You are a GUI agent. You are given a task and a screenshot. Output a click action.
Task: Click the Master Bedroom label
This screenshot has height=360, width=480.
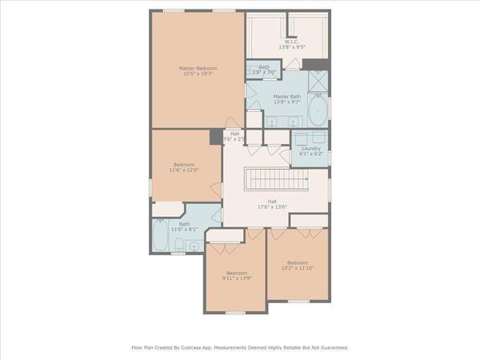pyautogui.click(x=197, y=69)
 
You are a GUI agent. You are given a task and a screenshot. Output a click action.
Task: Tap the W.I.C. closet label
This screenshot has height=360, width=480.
pyautogui.click(x=290, y=42)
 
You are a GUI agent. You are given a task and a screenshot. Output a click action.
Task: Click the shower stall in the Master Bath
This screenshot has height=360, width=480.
pyautogui.click(x=318, y=84)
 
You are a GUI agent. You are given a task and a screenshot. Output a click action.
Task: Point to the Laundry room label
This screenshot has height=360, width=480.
pyautogui.click(x=310, y=148)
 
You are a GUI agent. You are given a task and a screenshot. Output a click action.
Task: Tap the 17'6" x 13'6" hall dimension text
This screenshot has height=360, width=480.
pyautogui.click(x=272, y=206)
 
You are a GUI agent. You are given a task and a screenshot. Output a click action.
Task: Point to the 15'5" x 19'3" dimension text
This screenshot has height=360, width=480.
pyautogui.click(x=197, y=74)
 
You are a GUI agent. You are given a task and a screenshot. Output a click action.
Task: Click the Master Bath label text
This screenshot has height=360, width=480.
pyautogui.click(x=287, y=97)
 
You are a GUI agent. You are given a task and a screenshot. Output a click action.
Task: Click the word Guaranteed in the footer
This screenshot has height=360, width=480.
pyautogui.click(x=333, y=348)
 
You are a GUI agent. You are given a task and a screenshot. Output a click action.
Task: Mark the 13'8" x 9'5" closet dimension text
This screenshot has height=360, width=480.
pyautogui.click(x=290, y=47)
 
